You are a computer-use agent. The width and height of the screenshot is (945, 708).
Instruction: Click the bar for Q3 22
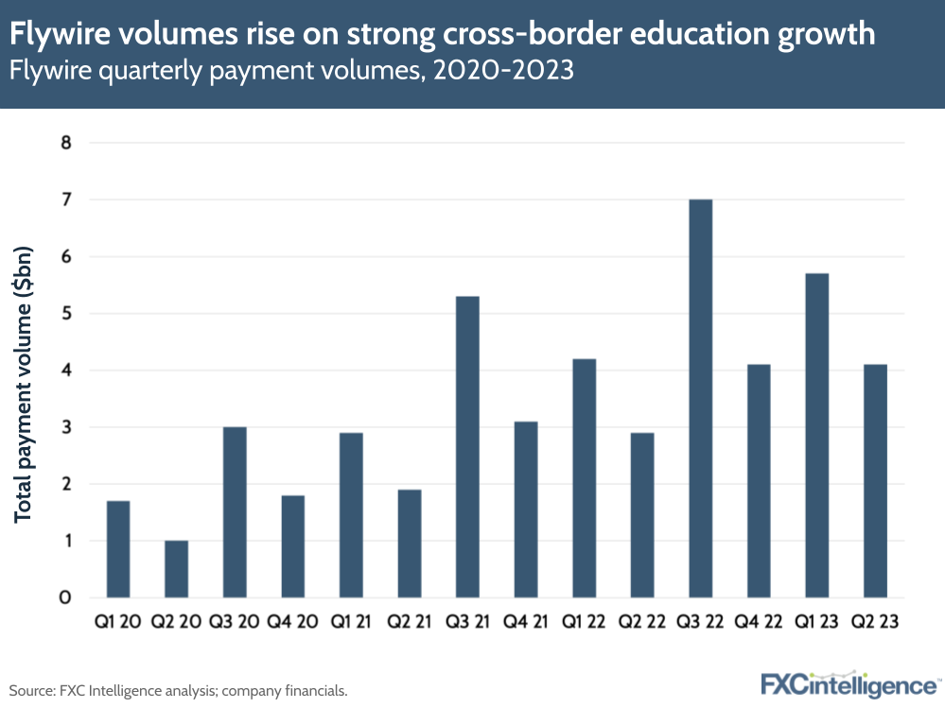click(x=701, y=398)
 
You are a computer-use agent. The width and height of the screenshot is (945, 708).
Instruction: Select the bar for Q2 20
click(x=176, y=569)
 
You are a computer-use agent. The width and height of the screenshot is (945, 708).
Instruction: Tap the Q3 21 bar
click(x=467, y=446)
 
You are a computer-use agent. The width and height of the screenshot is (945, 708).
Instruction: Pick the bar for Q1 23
click(x=817, y=435)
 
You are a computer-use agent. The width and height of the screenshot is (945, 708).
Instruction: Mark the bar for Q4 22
click(x=759, y=481)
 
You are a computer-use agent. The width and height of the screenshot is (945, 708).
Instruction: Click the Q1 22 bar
click(x=584, y=478)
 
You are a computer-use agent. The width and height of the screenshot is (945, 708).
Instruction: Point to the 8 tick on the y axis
click(x=66, y=143)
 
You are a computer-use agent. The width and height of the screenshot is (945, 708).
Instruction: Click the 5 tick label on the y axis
click(x=66, y=314)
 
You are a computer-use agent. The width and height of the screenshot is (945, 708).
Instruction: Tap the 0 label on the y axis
click(x=66, y=597)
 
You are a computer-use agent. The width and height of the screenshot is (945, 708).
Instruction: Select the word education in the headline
click(x=691, y=36)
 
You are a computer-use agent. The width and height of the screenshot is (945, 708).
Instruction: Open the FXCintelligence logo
click(x=849, y=683)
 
